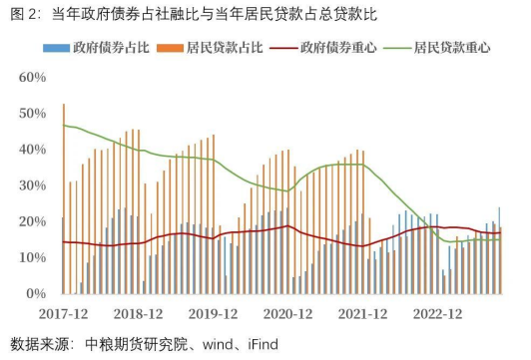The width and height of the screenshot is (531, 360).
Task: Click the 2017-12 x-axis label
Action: (x=65, y=312)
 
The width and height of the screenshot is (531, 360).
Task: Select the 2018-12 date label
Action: (x=139, y=312)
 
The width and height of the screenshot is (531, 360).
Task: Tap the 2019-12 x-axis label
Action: (x=215, y=312)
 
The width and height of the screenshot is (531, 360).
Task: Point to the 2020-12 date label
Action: (x=290, y=312)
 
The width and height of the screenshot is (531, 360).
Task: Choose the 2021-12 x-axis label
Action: (x=365, y=312)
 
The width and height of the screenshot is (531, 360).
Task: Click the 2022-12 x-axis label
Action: (x=439, y=312)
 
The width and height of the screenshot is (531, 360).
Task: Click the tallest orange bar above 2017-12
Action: (x=64, y=199)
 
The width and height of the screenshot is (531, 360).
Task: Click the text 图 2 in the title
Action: (x=21, y=14)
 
